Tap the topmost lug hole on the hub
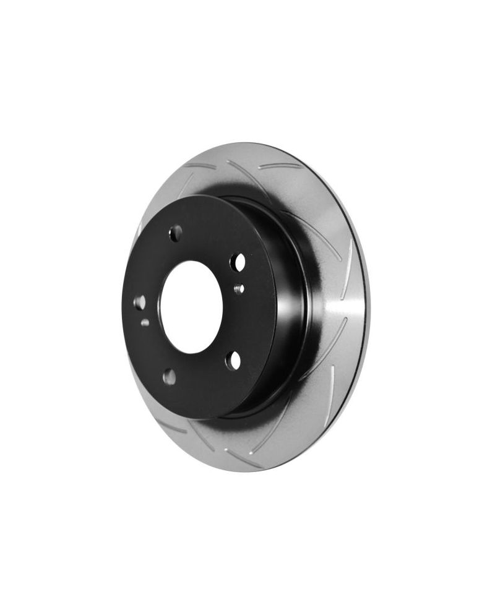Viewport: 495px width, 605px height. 176,234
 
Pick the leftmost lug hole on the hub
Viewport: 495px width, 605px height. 140,302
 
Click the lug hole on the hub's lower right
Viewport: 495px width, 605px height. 233,361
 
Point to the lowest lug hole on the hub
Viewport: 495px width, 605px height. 169,376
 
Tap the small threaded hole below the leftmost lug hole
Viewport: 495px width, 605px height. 144,322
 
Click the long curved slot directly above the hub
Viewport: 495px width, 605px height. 241,173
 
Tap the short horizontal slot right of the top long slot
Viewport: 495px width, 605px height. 285,166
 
